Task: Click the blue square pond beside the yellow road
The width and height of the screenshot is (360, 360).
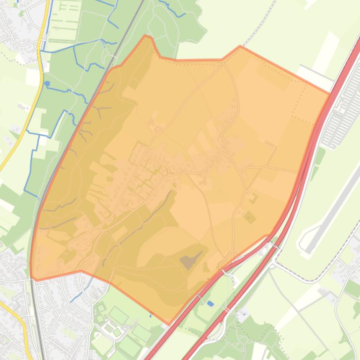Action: click(x=47, y=84)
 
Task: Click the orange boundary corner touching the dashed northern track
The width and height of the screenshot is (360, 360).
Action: click(x=240, y=46)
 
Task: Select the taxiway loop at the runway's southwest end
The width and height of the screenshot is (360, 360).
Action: click(x=304, y=245)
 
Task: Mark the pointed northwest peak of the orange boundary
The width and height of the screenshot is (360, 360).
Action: click(x=147, y=36)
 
